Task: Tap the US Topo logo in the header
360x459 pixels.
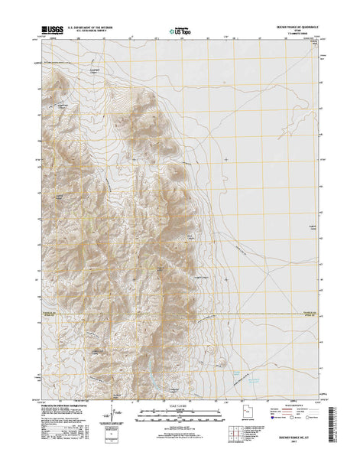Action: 180,32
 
